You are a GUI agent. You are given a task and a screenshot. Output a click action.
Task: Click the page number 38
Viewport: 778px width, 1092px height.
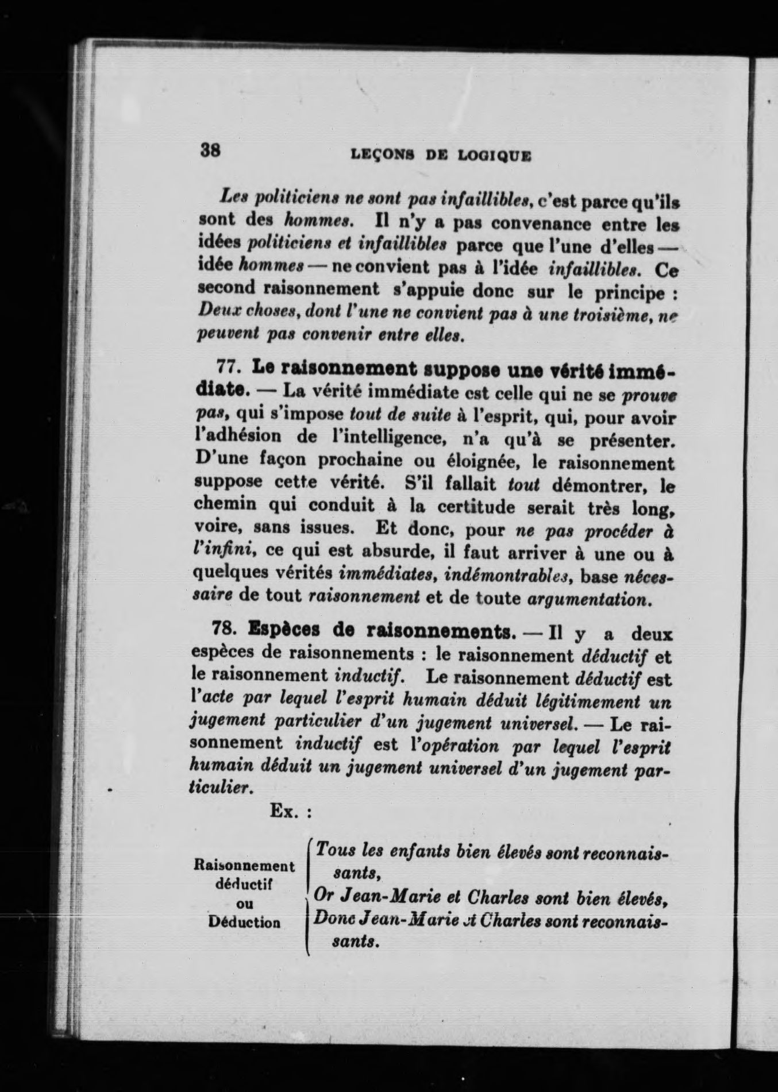[x=210, y=151]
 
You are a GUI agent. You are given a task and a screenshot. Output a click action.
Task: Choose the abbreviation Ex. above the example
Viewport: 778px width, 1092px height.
[x=283, y=811]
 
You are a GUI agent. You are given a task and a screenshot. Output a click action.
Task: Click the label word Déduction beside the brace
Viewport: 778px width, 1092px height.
[x=245, y=923]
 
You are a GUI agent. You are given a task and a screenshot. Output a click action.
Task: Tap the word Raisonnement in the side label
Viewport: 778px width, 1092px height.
[x=245, y=866]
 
